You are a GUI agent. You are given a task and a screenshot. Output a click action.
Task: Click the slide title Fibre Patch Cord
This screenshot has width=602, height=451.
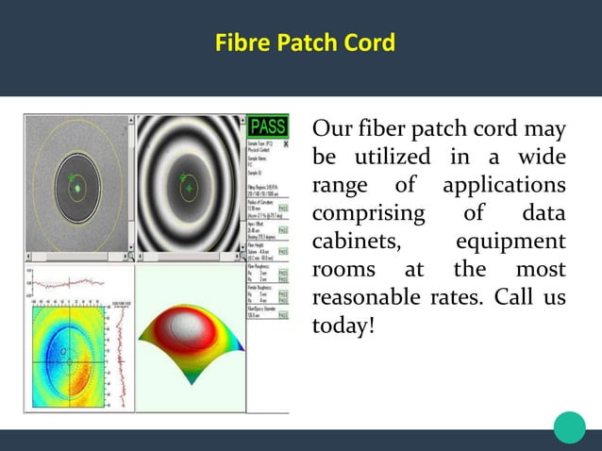[304, 43]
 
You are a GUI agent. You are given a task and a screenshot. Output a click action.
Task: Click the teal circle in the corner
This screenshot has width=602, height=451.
[569, 426]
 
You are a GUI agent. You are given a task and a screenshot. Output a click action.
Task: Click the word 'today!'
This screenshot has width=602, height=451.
[343, 326]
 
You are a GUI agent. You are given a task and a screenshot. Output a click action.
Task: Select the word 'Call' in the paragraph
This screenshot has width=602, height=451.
[513, 297]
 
